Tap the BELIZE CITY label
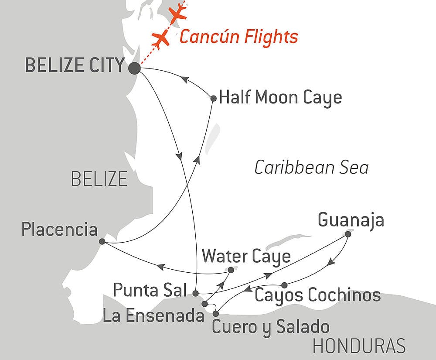(74, 65)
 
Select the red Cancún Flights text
(238, 37)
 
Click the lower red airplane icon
(161, 39)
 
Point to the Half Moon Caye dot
(213, 99)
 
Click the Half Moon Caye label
(280, 98)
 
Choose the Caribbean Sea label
(311, 168)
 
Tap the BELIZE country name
(99, 179)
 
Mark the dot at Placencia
(102, 241)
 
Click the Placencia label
(59, 230)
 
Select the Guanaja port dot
(348, 234)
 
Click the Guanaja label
(351, 220)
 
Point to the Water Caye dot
(231, 270)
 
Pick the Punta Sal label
(150, 289)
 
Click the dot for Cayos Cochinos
(284, 285)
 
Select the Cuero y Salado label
(270, 326)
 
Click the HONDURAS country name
(359, 346)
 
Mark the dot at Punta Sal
(196, 293)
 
